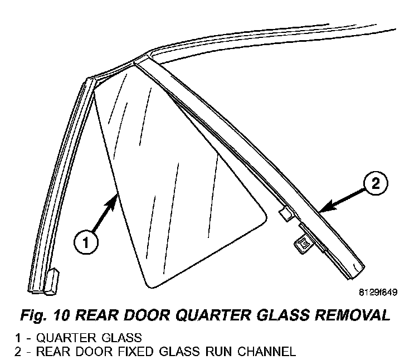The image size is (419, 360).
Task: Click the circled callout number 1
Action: point(85,244)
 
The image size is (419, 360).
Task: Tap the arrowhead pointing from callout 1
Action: point(116,196)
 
